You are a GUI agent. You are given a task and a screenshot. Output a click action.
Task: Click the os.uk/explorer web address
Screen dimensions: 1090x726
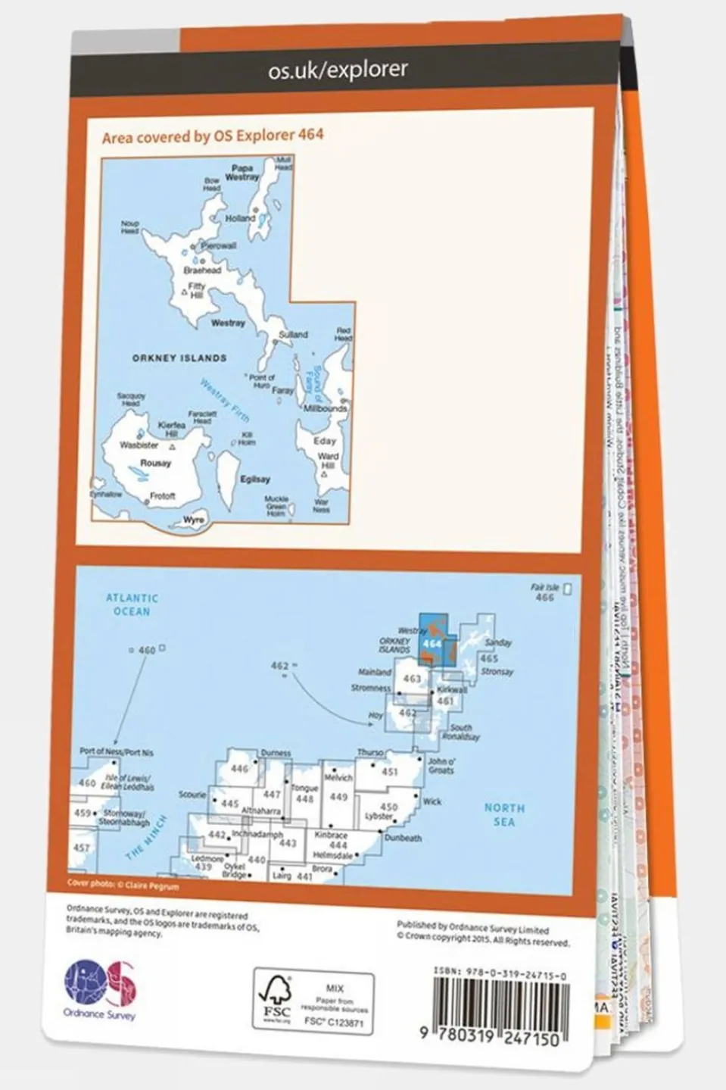click(338, 70)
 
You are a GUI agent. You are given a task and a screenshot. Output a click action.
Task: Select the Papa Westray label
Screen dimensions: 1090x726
click(242, 173)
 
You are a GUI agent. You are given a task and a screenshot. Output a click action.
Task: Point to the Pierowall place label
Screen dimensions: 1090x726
click(218, 245)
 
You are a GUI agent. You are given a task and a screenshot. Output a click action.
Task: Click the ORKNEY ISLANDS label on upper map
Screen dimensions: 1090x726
click(179, 358)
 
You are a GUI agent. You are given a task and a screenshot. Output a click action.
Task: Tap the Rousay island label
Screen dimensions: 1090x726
click(155, 463)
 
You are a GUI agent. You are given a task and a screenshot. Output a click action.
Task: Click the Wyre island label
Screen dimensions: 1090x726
click(194, 520)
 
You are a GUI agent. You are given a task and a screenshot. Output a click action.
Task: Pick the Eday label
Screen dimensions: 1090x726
click(325, 441)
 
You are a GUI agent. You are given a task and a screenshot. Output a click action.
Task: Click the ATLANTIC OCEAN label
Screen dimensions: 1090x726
click(132, 604)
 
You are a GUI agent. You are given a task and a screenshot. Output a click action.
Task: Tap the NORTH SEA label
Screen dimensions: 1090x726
click(503, 815)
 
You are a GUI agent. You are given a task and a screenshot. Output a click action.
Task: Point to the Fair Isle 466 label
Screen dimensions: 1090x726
click(545, 592)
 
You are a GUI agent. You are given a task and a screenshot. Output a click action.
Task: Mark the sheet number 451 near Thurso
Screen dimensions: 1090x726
click(389, 773)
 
